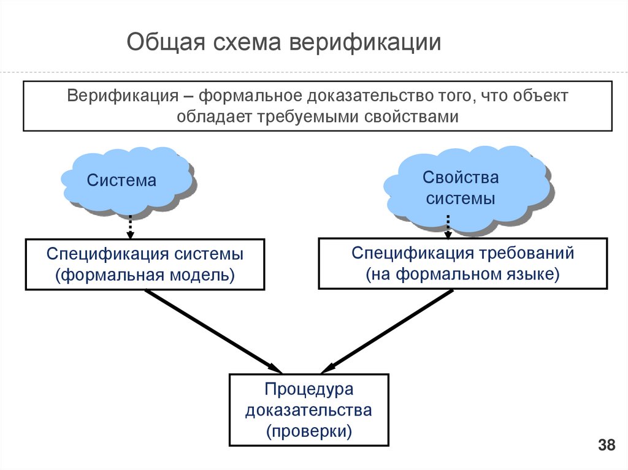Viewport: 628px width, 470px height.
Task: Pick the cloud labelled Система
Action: pyautogui.click(x=126, y=180)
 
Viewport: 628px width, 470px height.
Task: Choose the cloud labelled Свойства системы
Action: pyautogui.click(x=460, y=188)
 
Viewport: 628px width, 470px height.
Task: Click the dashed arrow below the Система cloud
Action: pyautogui.click(x=129, y=227)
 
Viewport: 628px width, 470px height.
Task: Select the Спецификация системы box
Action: pyautogui.click(x=145, y=264)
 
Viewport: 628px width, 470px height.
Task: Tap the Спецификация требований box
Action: pyautogui.click(x=462, y=263)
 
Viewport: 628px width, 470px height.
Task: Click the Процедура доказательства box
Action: pyautogui.click(x=309, y=409)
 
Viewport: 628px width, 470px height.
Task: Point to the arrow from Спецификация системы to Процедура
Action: pyautogui.click(x=212, y=330)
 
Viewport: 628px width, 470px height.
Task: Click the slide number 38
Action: pyautogui.click(x=606, y=445)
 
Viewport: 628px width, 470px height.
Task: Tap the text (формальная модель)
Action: pyautogui.click(x=145, y=275)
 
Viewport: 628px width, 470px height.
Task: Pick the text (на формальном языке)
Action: pyautogui.click(x=463, y=274)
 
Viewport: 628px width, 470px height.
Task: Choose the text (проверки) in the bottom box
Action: pyautogui.click(x=309, y=430)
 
